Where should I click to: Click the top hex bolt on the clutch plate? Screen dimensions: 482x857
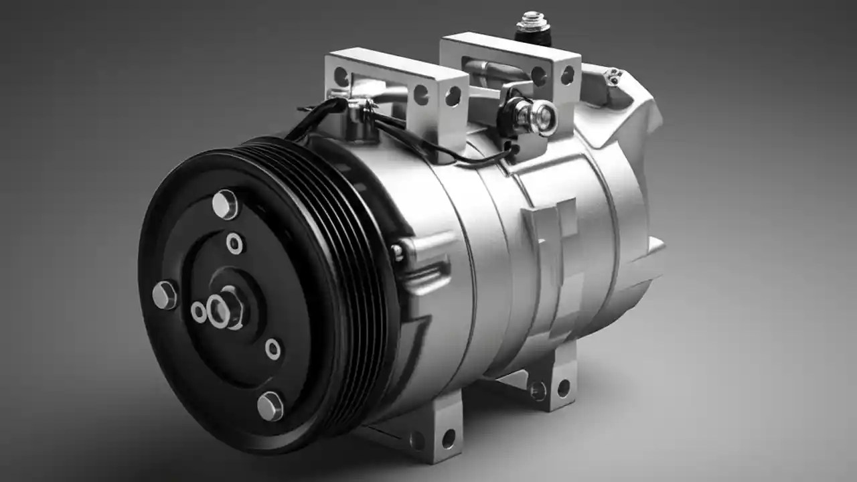(225, 204)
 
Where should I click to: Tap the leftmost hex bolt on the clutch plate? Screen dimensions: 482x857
(165, 295)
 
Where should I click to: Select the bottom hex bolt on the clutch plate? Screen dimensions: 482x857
(270, 406)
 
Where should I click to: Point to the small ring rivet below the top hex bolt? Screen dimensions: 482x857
(235, 243)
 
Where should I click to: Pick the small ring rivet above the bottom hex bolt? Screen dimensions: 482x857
(272, 349)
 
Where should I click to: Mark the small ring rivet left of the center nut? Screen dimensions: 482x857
(199, 312)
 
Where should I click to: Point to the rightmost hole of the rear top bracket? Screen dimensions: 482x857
(567, 75)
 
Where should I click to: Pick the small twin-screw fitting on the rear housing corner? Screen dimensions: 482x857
(612, 77)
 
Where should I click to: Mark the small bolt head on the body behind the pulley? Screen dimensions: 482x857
(398, 251)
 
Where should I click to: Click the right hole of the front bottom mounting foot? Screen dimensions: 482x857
(448, 438)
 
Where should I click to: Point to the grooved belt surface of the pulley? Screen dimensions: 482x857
(362, 268)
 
